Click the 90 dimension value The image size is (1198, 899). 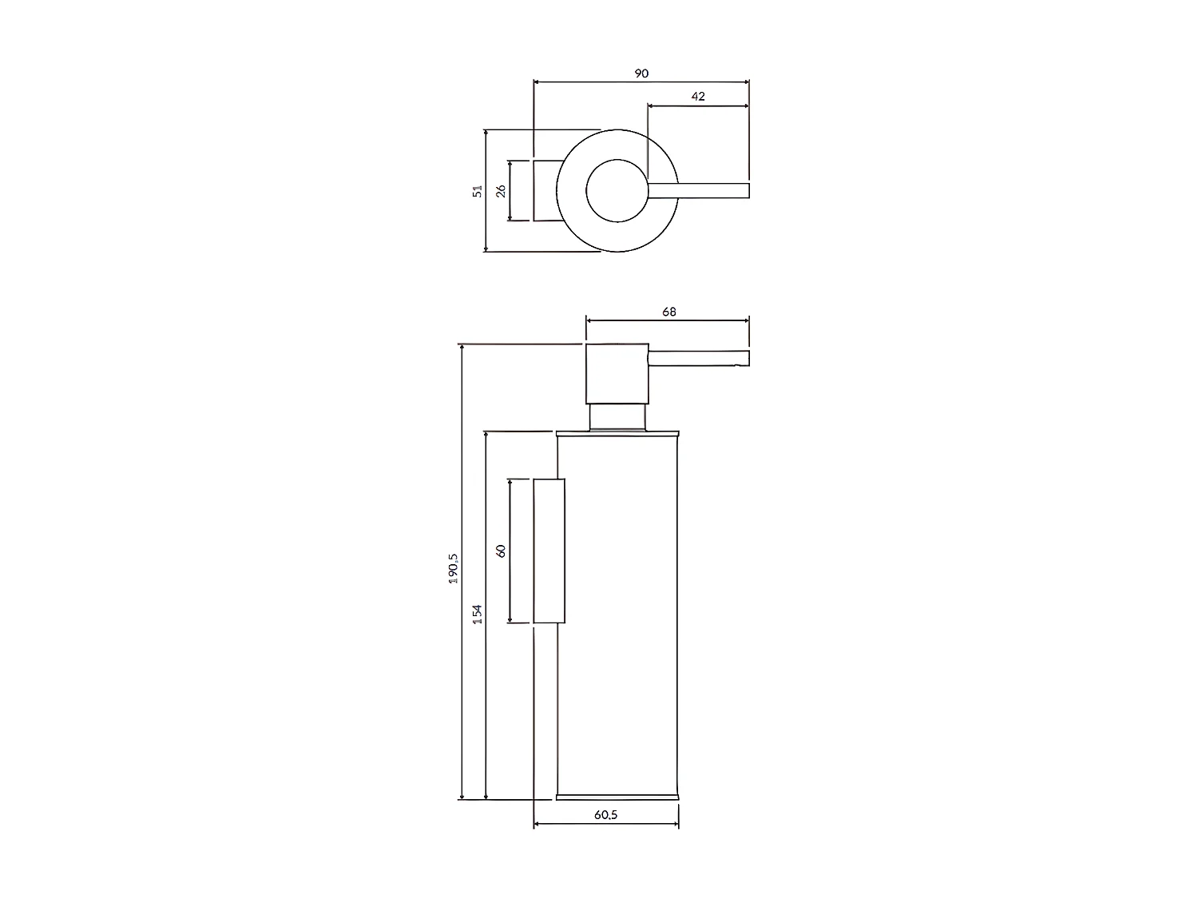[641, 73]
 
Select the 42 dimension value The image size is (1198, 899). [697, 96]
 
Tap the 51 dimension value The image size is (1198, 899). [478, 191]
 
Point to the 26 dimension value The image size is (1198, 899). [501, 191]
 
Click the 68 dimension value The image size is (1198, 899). [668, 312]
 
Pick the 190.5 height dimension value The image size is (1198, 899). [453, 568]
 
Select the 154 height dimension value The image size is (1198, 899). [477, 614]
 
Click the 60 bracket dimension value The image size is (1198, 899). [501, 551]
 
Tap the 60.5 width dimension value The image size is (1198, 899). [605, 815]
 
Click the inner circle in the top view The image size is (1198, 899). [616, 190]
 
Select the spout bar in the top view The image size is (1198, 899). [699, 190]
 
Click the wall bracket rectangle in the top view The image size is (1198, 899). [545, 190]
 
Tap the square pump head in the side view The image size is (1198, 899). [617, 374]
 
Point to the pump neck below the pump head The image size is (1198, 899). [617, 417]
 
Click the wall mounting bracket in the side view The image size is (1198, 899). [549, 551]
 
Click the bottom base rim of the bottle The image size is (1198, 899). [617, 796]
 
